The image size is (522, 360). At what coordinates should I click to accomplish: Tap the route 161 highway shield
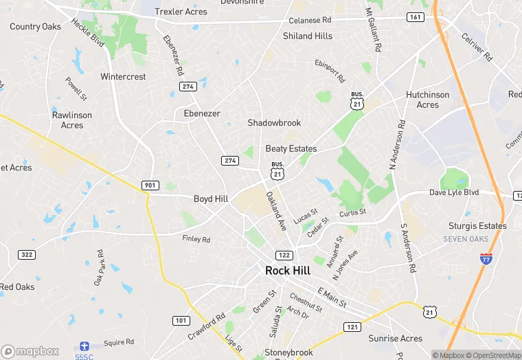point(415,16)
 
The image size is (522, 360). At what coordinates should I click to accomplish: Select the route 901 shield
point(150,185)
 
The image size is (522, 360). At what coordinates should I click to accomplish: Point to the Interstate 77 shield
point(486,258)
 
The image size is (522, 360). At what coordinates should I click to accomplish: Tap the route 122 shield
point(284,255)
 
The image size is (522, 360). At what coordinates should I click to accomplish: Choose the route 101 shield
point(181,320)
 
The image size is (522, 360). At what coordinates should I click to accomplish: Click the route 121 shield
point(352,326)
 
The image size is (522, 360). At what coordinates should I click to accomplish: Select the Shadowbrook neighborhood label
point(274,123)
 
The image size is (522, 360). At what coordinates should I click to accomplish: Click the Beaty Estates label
point(291,148)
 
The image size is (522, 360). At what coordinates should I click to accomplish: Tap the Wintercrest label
point(123,77)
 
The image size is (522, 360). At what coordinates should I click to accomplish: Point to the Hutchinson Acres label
point(427,100)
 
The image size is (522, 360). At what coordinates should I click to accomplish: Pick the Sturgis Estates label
point(477,225)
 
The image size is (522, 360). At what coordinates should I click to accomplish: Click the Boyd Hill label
point(211,199)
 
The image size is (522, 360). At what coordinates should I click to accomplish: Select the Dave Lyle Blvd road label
point(454,192)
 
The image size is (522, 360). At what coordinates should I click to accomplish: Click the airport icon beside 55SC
point(84,345)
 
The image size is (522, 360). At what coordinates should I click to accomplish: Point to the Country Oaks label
point(35,27)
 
